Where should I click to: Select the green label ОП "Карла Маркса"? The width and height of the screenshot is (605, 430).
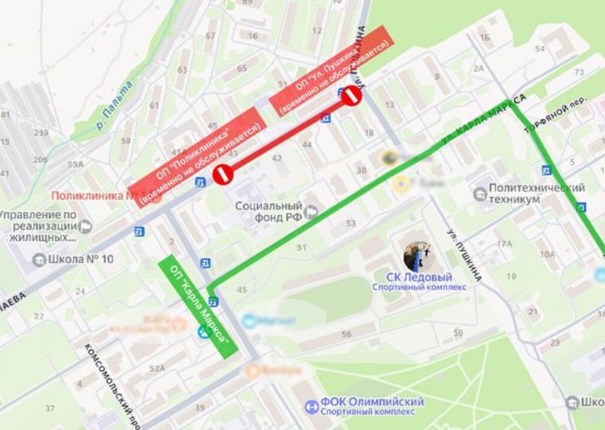click(x=199, y=304)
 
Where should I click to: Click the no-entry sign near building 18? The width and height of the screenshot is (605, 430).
click(x=351, y=97)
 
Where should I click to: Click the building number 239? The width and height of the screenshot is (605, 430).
click(x=41, y=132)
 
